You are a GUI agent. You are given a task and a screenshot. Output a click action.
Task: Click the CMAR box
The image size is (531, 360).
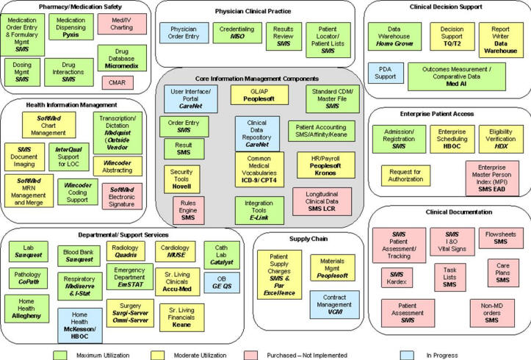click(x=117, y=83)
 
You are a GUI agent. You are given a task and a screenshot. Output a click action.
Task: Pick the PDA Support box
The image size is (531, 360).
click(x=389, y=71)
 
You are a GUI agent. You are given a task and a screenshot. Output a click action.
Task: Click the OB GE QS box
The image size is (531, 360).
click(x=221, y=282)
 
